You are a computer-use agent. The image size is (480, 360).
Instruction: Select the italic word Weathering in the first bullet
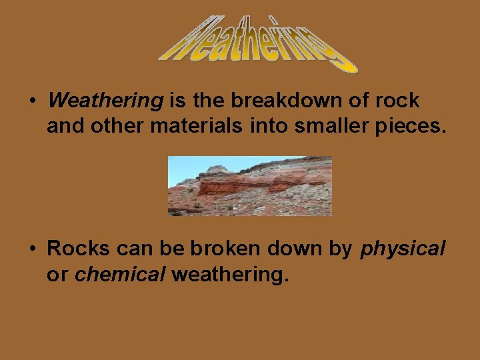tap(106, 101)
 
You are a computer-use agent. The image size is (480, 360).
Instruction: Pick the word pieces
tap(409, 125)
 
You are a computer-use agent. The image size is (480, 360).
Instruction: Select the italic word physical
tap(403, 249)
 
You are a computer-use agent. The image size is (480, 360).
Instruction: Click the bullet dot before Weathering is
tap(31, 101)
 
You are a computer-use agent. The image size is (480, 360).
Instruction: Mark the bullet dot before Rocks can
tap(31, 249)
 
